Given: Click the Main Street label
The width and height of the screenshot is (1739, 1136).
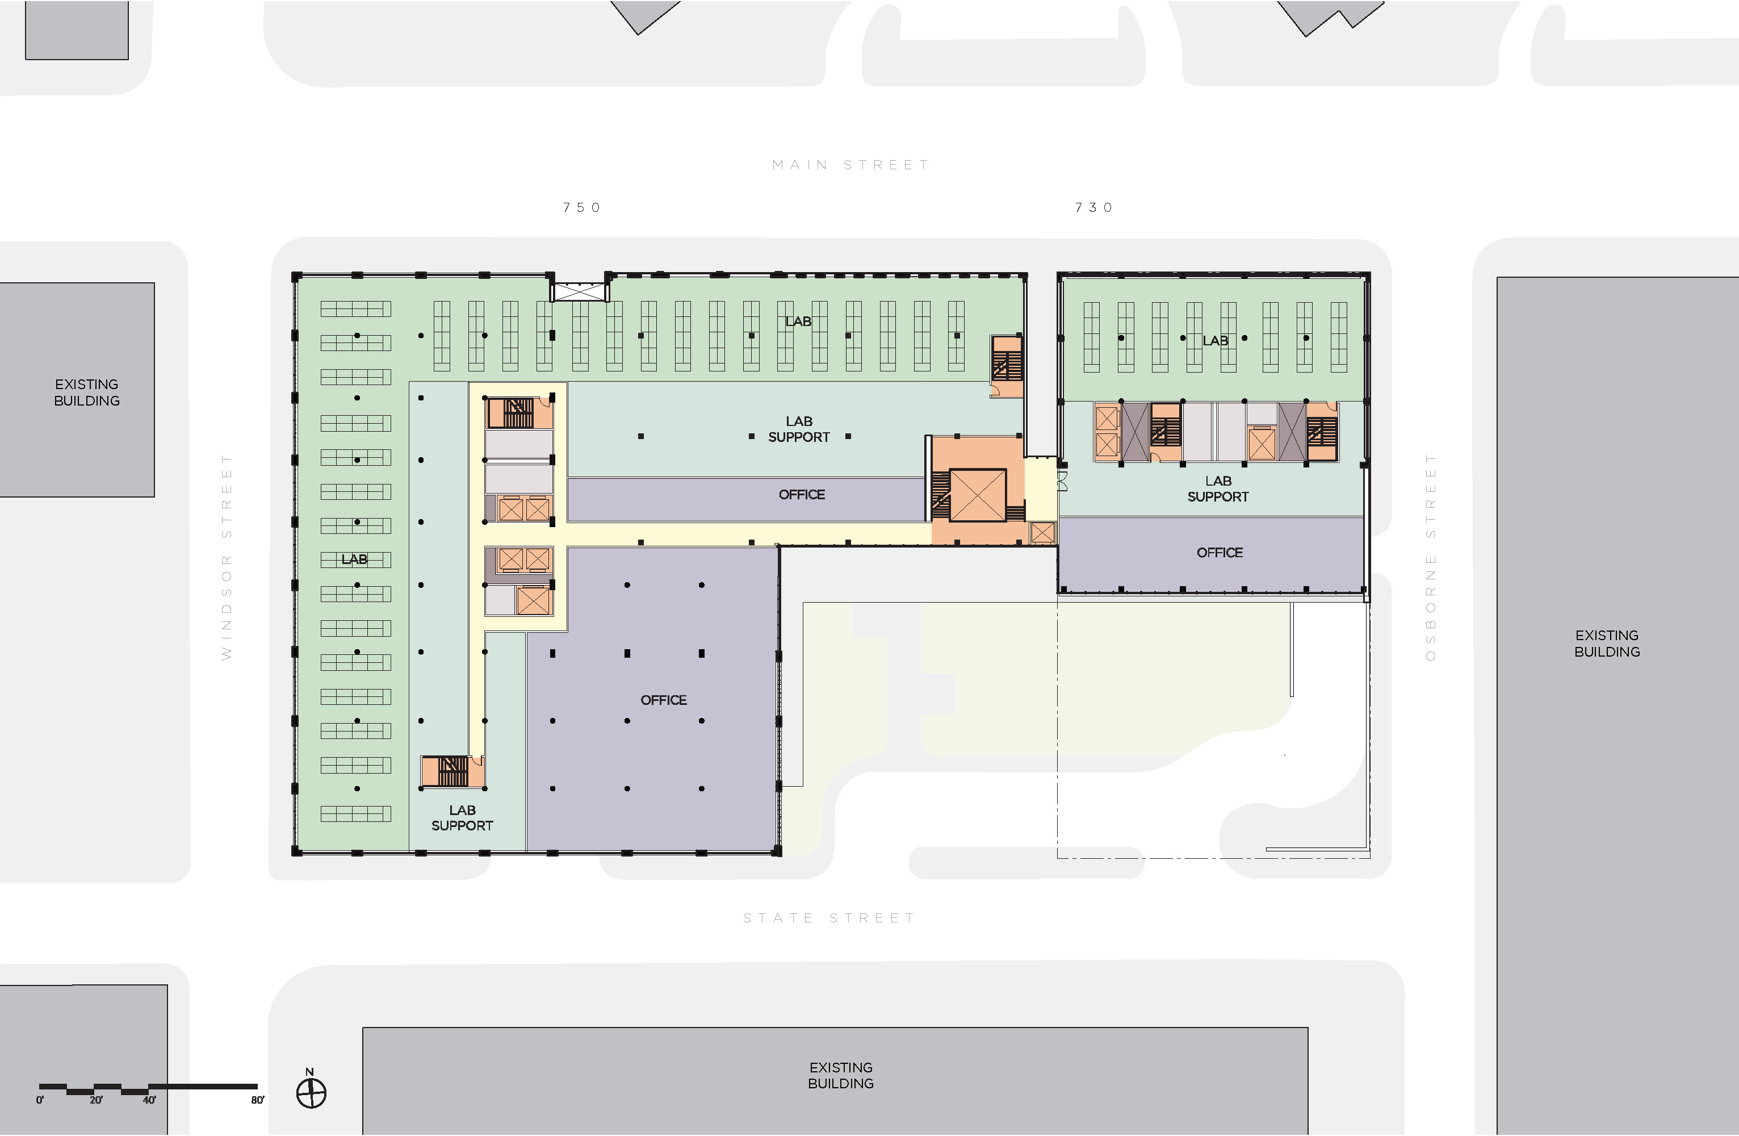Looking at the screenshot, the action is [x=851, y=165].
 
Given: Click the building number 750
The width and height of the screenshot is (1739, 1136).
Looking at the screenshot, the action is [x=581, y=208].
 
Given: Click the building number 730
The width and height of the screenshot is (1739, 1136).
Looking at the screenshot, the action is [x=1094, y=208].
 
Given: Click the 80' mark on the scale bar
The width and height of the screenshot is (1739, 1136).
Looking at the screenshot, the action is [x=257, y=1100].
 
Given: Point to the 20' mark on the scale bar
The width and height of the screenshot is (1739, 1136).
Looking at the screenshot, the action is [x=96, y=1100].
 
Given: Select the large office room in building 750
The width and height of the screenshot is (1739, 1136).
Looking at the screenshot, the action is [x=664, y=700].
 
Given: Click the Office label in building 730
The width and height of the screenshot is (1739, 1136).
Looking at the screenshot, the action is [x=1220, y=553].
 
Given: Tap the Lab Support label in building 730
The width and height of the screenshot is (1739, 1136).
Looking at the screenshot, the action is [x=1218, y=489].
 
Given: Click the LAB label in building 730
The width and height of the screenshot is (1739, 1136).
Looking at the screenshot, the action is [x=1215, y=341].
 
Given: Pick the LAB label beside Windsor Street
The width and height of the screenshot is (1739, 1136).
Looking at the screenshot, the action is [x=354, y=559].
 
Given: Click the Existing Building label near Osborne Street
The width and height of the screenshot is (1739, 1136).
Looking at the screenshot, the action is [x=1607, y=644].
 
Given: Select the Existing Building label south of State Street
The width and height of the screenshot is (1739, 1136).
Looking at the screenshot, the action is [x=840, y=1075].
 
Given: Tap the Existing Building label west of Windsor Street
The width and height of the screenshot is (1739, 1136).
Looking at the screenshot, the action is [x=86, y=392].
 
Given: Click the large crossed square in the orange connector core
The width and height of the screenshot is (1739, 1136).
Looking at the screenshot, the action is [x=978, y=495].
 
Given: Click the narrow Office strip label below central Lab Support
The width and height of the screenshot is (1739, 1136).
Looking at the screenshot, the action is [x=802, y=495].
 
